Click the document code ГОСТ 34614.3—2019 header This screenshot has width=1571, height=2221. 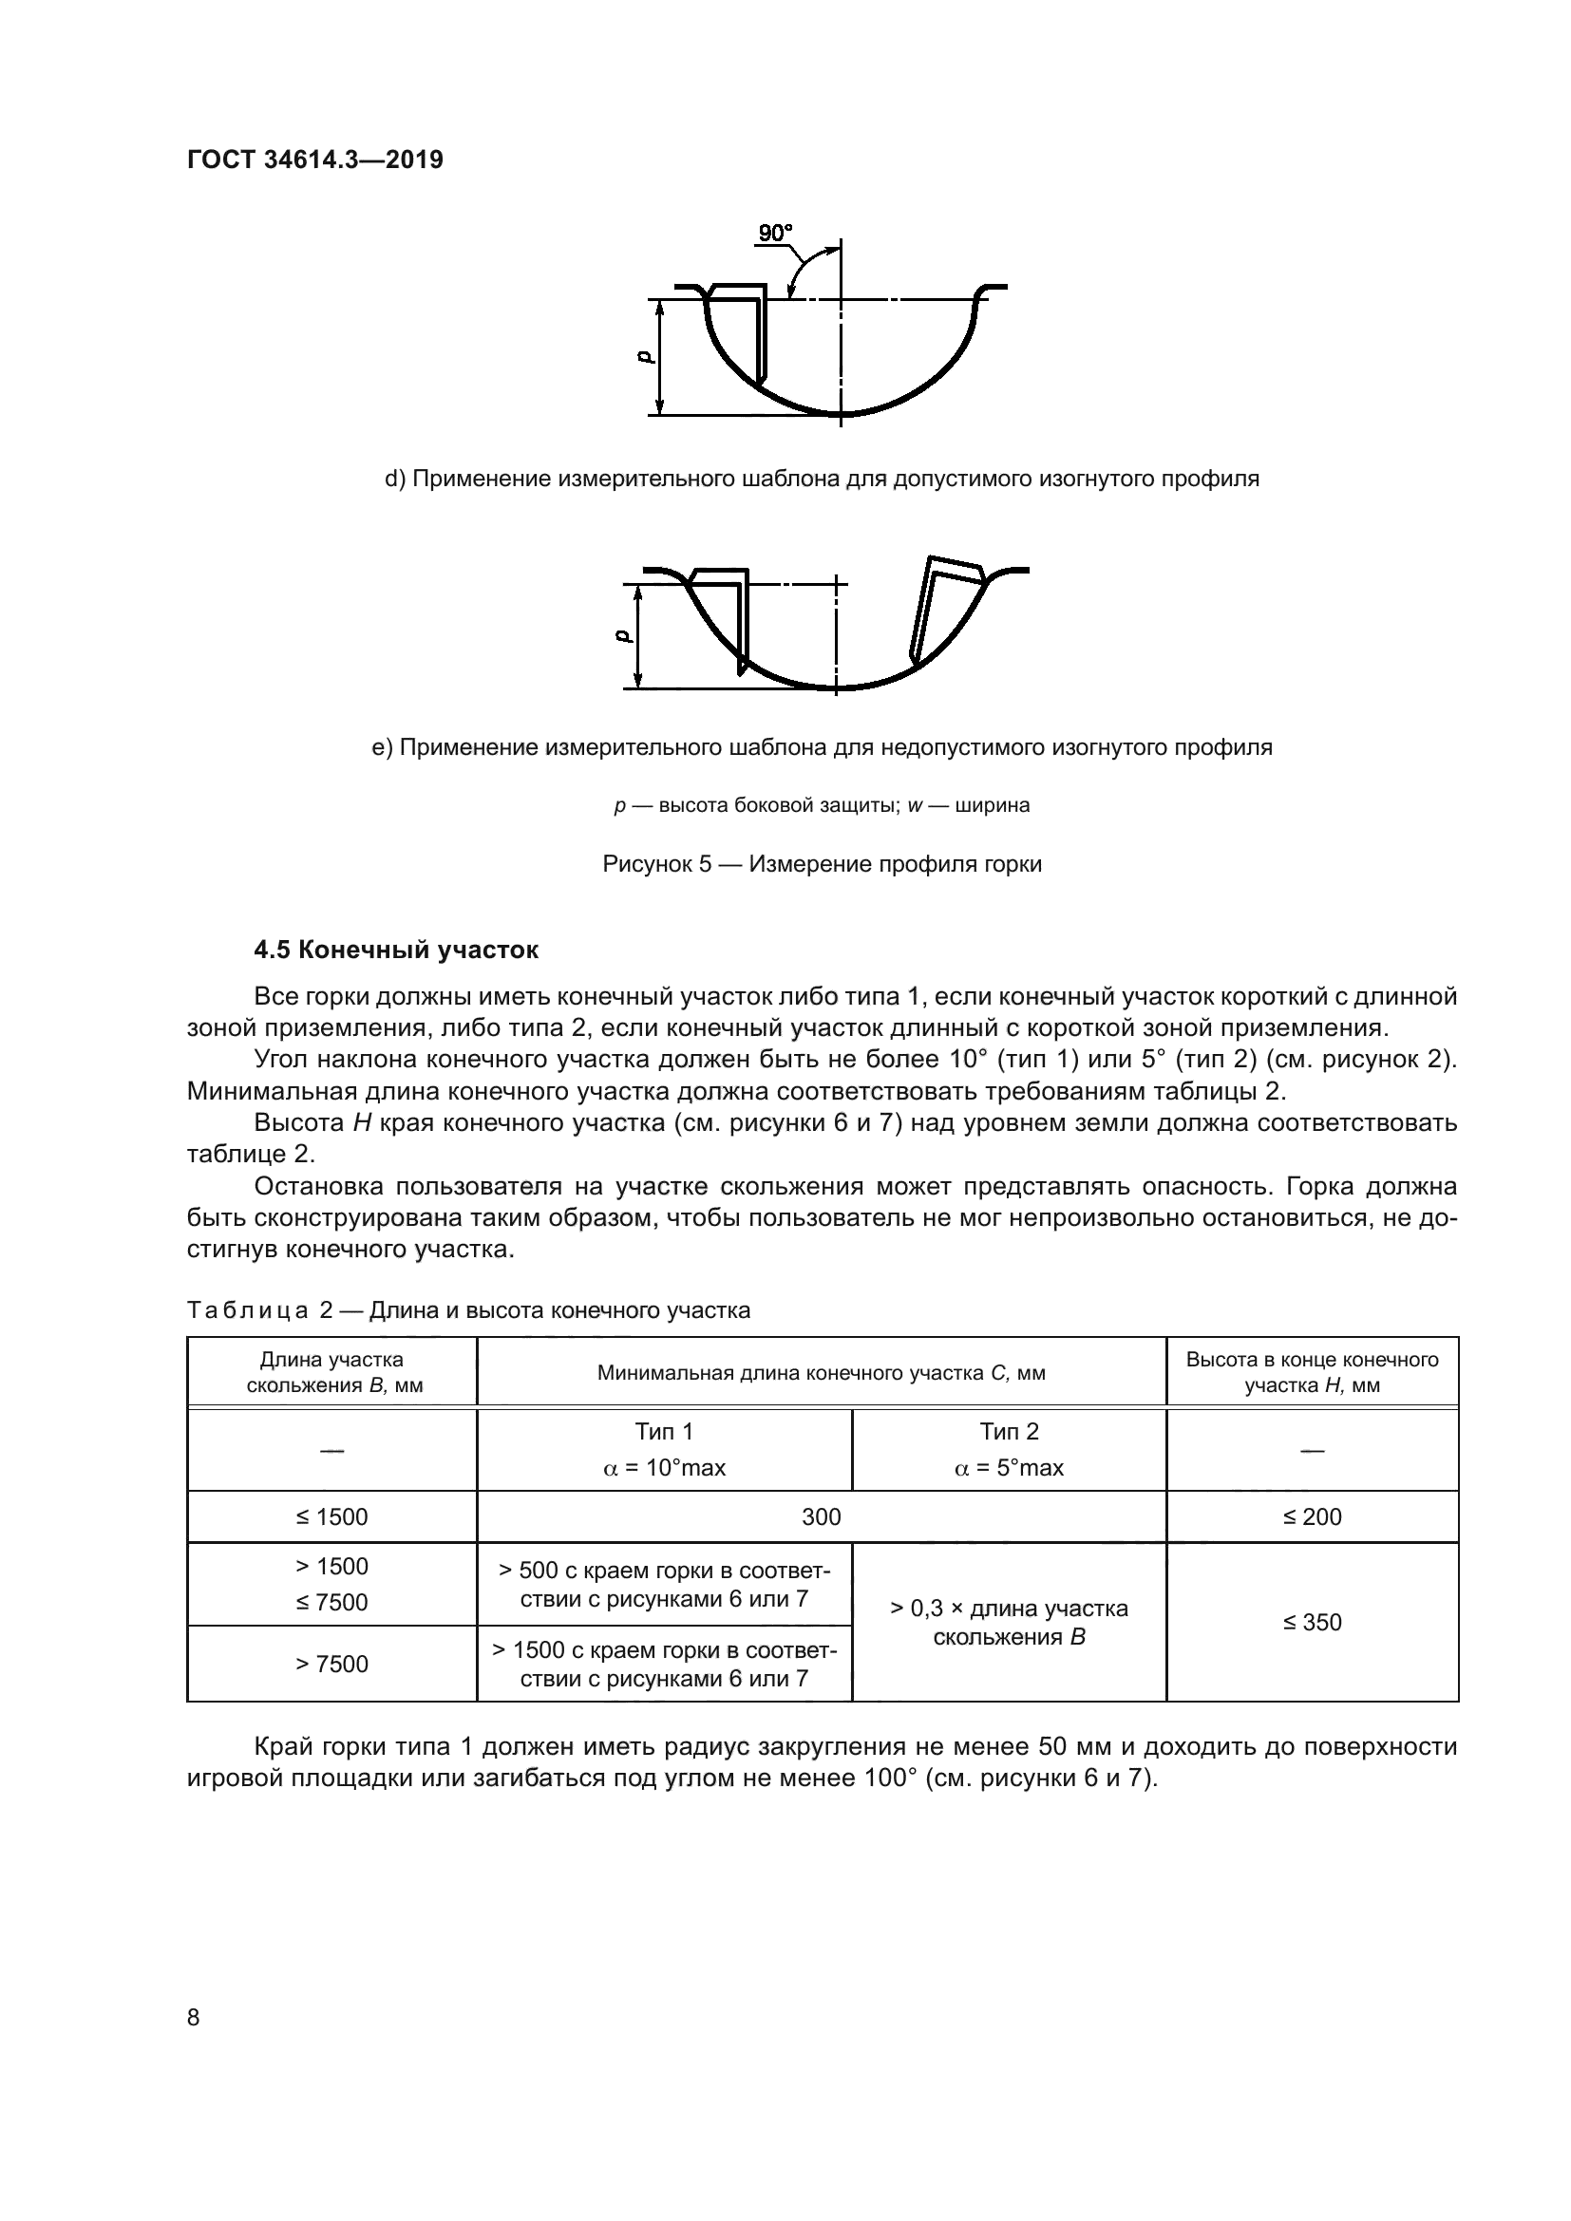[314, 160]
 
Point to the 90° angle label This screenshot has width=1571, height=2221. [775, 234]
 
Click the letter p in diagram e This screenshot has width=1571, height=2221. [623, 636]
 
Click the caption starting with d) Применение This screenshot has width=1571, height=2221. [822, 479]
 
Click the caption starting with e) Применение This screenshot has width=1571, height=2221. [822, 746]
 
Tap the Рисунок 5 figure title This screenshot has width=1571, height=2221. [822, 864]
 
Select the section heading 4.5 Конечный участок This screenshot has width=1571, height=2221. [396, 950]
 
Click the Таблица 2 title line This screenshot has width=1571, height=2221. [468, 1310]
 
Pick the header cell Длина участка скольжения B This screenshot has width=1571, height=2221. [333, 1373]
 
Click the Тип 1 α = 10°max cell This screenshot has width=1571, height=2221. [664, 1449]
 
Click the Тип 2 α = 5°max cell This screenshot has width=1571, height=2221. [1008, 1449]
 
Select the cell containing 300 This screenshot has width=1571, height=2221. [821, 1516]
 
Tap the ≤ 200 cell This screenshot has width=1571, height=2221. [1312, 1516]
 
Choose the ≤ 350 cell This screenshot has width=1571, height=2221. [1312, 1622]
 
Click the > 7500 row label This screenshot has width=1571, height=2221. [331, 1664]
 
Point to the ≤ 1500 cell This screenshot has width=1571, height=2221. [331, 1516]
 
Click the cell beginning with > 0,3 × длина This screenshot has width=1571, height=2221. [1008, 1622]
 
